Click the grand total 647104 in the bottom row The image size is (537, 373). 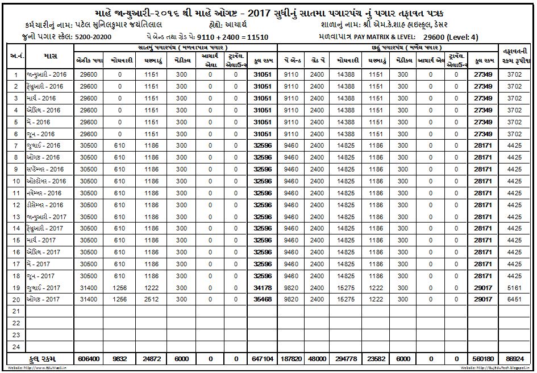[263, 359]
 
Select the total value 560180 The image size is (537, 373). [482, 359]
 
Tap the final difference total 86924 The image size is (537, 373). [514, 359]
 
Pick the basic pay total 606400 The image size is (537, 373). [88, 359]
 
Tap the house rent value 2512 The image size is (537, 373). [150, 299]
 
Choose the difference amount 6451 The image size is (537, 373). [514, 299]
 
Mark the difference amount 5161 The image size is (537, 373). [514, 288]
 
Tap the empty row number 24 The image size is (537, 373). [15, 347]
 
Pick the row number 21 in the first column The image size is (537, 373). [15, 311]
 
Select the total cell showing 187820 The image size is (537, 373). [292, 359]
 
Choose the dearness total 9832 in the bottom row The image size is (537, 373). [119, 359]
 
